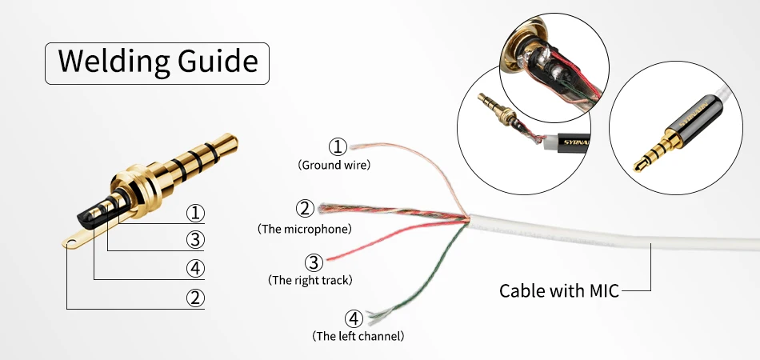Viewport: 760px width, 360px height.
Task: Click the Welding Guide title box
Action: (x=158, y=61)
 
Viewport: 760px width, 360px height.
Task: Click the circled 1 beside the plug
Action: (x=195, y=213)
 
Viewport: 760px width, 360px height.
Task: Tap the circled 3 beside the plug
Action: (x=195, y=239)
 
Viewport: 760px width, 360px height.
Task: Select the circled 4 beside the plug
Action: (x=195, y=268)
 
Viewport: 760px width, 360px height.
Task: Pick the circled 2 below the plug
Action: (x=195, y=298)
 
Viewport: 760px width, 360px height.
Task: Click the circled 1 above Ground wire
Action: (x=338, y=146)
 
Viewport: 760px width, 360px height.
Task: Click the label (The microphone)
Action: (x=304, y=229)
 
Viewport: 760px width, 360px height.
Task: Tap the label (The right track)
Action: (x=310, y=280)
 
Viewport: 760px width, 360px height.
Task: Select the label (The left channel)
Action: (x=358, y=335)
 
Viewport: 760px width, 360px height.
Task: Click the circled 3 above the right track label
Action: (x=314, y=262)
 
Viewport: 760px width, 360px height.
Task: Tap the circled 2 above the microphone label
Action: (x=304, y=210)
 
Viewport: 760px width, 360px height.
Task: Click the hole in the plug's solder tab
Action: (x=73, y=239)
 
